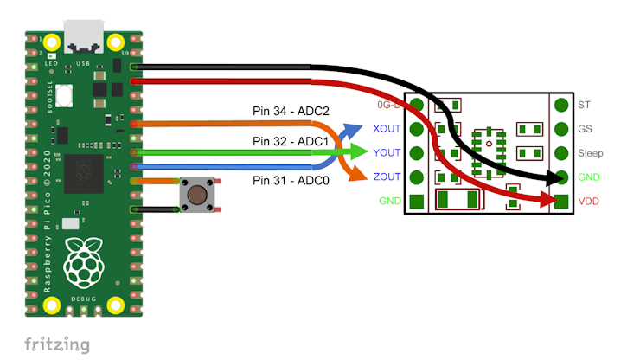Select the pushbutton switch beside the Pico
[x=198, y=194]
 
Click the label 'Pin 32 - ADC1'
[x=291, y=140]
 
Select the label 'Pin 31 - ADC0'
[x=291, y=180]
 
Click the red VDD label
[x=590, y=202]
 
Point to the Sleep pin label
[x=591, y=153]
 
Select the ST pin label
[x=584, y=105]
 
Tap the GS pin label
[x=585, y=129]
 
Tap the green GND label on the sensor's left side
[x=390, y=202]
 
